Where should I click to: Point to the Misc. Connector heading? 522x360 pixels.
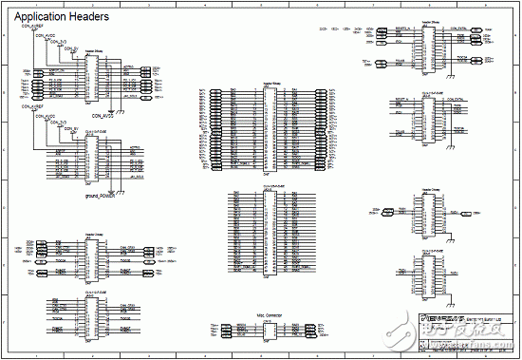click(270, 313)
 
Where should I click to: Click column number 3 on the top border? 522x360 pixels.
click(148, 5)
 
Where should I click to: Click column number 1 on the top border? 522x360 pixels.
click(36, 5)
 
